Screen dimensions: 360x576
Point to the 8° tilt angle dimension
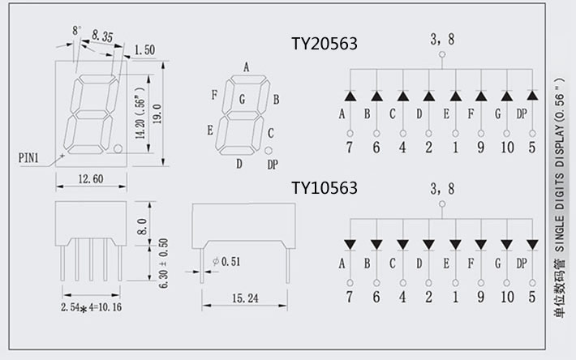tap(77, 30)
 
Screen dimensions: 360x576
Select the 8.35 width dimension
tap(102, 36)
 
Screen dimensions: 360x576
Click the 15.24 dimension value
tap(244, 298)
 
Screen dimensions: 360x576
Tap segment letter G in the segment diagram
tap(242, 100)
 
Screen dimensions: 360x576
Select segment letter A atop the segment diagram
tap(246, 66)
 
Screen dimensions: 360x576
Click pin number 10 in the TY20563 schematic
tap(507, 148)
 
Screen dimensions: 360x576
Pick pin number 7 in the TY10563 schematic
tap(350, 296)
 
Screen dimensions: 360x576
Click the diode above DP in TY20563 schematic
tap(532, 96)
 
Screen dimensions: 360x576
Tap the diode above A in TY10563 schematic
tap(350, 244)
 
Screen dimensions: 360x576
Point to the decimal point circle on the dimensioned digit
tap(118, 149)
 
